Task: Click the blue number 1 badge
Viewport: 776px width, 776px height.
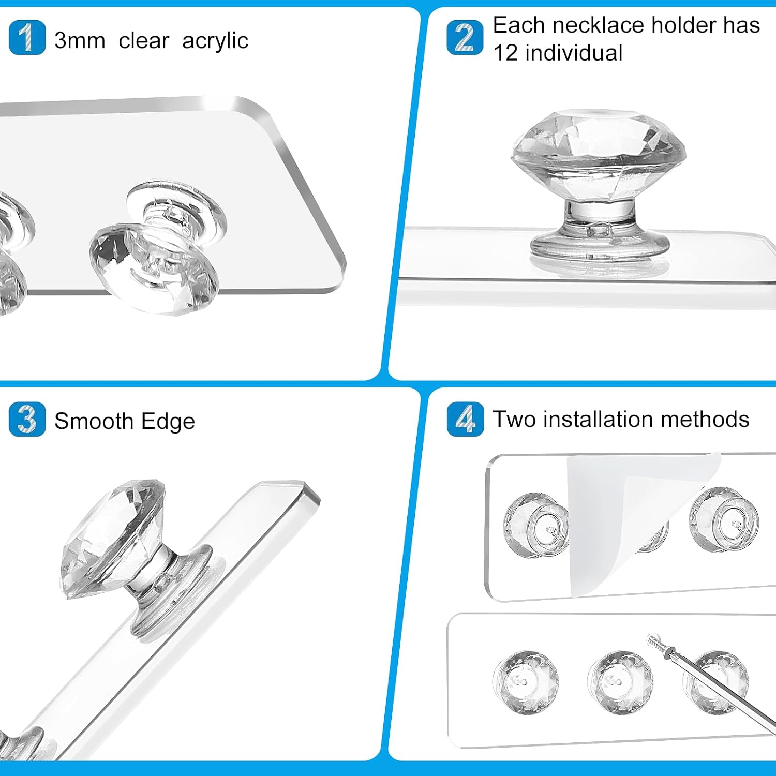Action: (x=27, y=37)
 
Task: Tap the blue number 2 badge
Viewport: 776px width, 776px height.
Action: (x=465, y=37)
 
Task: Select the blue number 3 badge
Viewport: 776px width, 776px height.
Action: (x=27, y=419)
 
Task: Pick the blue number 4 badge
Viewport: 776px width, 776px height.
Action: (x=465, y=419)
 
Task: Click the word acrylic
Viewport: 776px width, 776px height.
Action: (x=215, y=41)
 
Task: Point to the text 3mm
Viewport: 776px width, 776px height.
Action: (x=80, y=40)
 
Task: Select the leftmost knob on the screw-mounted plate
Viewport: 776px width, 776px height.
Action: (x=526, y=682)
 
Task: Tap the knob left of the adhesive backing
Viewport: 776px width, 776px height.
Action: (x=537, y=525)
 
